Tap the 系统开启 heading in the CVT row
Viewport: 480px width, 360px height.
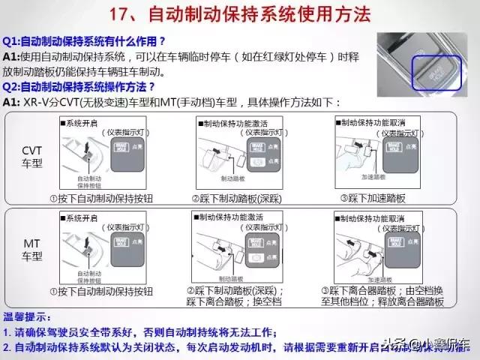[83, 121]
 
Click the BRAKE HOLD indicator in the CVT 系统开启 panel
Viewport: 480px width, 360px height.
[121, 148]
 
